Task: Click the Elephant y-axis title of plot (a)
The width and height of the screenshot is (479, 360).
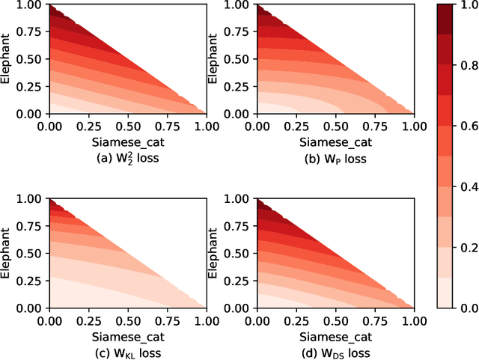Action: (x=7, y=59)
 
